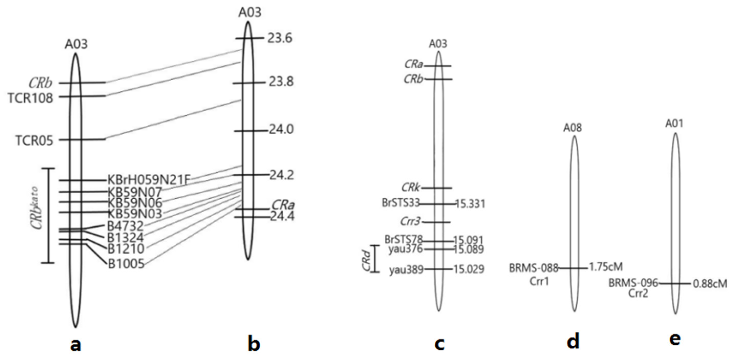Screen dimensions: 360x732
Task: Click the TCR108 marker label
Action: [31, 98]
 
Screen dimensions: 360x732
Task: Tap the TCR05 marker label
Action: [34, 141]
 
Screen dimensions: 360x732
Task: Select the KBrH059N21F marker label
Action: [148, 180]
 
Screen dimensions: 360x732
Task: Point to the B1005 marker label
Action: [126, 264]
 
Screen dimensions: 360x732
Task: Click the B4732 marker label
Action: [125, 226]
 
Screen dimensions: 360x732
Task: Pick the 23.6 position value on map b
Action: [279, 38]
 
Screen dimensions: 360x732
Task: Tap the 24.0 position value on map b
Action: [281, 130]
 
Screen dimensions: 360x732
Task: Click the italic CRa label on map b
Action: [283, 205]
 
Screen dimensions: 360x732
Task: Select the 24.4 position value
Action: [282, 217]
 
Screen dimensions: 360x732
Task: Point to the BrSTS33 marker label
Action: [401, 203]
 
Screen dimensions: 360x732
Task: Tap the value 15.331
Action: [470, 204]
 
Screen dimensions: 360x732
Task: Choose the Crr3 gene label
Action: [410, 222]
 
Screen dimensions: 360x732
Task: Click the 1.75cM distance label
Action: [606, 267]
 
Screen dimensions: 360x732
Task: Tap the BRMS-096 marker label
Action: [633, 283]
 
